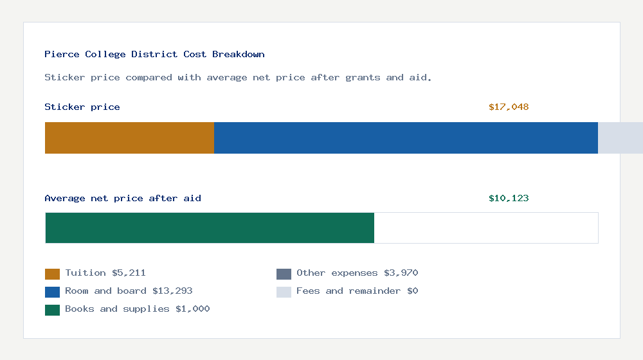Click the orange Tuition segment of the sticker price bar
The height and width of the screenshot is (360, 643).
coord(129,138)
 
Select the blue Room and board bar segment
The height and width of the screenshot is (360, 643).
coord(406,138)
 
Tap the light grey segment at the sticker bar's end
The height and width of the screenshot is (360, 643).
coord(620,138)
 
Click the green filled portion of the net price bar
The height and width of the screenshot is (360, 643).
coord(210,228)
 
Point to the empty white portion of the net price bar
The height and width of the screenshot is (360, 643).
coord(486,228)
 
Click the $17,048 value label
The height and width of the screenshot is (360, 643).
coord(509,107)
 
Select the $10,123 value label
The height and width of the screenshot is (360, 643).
coord(509,199)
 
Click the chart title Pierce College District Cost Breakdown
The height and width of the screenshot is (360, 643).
coord(154,55)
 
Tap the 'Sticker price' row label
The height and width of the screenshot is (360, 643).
coord(82,107)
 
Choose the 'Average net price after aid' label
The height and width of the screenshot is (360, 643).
coord(123,199)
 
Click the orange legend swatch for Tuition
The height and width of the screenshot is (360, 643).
coord(52,274)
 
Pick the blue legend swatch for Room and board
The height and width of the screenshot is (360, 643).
coord(52,292)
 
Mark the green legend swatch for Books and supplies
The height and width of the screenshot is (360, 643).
coord(52,310)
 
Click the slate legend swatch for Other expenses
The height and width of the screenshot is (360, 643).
coord(284,274)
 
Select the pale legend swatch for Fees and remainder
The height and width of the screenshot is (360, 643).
coord(284,292)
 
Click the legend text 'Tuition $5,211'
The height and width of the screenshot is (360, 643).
coord(105,273)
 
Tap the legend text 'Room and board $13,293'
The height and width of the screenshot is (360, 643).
coord(129,291)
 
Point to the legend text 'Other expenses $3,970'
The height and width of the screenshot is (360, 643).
coord(357,273)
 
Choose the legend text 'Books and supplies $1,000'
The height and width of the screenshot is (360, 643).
coord(138,309)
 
